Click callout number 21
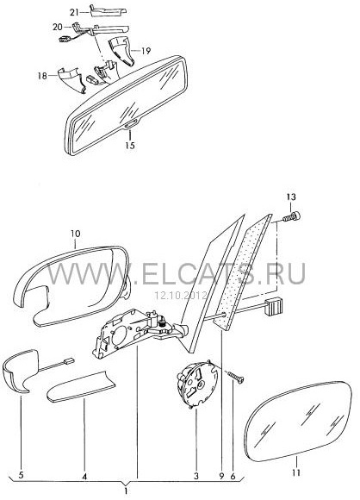(74, 12)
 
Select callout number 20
(58, 27)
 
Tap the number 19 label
(146, 51)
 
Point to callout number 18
(42, 76)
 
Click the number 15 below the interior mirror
(130, 146)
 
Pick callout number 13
(291, 197)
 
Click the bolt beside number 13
(291, 217)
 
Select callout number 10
(76, 234)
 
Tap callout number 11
(296, 472)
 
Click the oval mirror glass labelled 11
(300, 422)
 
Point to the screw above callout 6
(235, 376)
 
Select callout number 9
(222, 476)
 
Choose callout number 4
(84, 477)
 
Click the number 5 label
(21, 476)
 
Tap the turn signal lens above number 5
(20, 372)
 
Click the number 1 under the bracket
(126, 491)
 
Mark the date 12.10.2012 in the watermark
(181, 296)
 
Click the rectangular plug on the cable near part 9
(274, 306)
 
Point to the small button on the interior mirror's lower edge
(130, 127)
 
